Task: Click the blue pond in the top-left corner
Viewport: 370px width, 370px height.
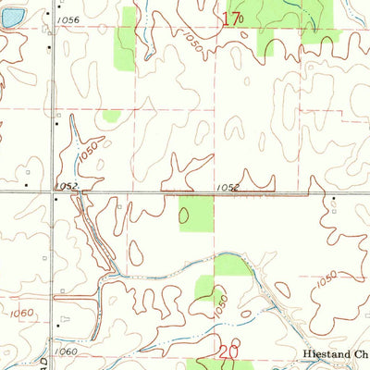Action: pyautogui.click(x=6, y=18)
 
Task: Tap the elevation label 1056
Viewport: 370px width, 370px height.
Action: pyautogui.click(x=68, y=20)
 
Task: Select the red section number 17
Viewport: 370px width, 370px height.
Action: pyautogui.click(x=231, y=18)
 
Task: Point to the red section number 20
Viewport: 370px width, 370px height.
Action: pyautogui.click(x=229, y=351)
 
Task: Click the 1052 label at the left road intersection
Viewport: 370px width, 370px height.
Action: pyautogui.click(x=66, y=186)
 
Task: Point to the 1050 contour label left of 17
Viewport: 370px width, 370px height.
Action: pyautogui.click(x=191, y=41)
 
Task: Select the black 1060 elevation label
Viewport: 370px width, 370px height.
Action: pyautogui.click(x=66, y=351)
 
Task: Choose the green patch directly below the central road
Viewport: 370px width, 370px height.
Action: pyautogui.click(x=195, y=213)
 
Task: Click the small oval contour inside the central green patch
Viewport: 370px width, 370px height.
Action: pyautogui.click(x=183, y=216)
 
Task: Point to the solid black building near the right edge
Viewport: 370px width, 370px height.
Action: pyautogui.click(x=332, y=199)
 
